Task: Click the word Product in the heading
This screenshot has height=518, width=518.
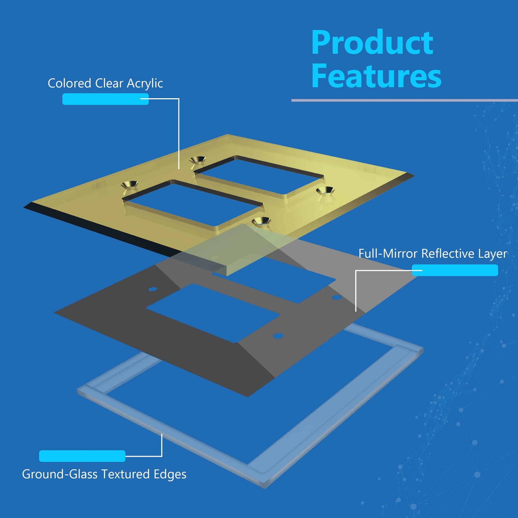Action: point(372,43)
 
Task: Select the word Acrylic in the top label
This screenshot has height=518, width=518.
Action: point(145,84)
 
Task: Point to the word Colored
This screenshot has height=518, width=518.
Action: point(70,83)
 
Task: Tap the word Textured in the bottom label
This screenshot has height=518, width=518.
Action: point(125,474)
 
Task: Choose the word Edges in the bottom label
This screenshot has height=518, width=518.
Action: point(170,474)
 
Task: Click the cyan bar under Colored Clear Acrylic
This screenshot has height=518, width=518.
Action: point(105,99)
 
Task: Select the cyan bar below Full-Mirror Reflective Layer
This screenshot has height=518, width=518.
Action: point(455,270)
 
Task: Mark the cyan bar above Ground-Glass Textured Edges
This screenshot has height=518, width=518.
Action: point(82,456)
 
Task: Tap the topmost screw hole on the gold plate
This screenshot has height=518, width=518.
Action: point(198,160)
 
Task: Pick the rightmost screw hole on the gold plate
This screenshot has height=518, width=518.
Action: point(325,191)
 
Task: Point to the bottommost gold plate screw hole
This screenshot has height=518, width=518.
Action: point(261,222)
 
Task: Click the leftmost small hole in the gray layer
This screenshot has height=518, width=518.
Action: point(153,289)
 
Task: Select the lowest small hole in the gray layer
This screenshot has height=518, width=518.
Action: point(278,336)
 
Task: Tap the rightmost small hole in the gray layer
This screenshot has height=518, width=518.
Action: point(336,297)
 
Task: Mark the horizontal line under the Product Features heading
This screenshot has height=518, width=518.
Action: point(404,100)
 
